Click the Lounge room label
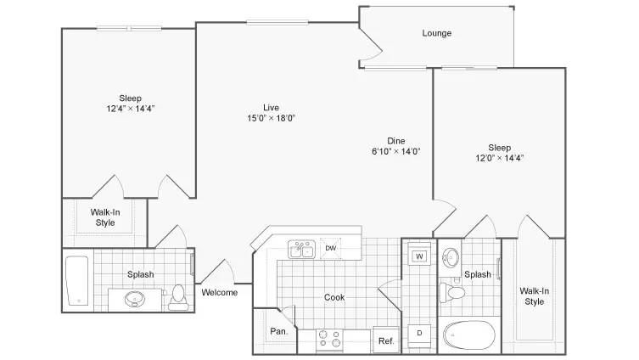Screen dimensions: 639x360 click(x=436, y=33)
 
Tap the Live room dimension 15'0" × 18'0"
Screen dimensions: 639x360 click(x=271, y=118)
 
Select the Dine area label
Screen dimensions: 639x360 click(x=396, y=141)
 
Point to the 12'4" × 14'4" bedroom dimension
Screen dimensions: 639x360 click(x=131, y=109)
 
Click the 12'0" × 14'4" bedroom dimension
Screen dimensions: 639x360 click(x=499, y=158)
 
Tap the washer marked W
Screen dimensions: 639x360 click(x=419, y=256)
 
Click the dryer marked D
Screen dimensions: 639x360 click(x=419, y=333)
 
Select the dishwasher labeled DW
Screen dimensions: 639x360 click(x=330, y=248)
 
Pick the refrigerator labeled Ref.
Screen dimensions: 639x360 click(x=386, y=340)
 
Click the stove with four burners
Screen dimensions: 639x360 click(x=329, y=340)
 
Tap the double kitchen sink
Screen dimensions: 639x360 click(x=301, y=249)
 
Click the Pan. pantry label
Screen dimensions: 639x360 click(x=278, y=331)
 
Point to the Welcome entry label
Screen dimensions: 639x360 click(x=220, y=292)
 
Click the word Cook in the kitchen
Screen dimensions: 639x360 click(x=334, y=297)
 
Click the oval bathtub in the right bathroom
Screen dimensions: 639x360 click(x=468, y=335)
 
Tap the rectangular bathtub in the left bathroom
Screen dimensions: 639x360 click(x=77, y=280)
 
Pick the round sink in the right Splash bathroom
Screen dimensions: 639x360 click(x=451, y=257)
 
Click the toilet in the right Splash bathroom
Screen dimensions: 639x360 click(x=452, y=292)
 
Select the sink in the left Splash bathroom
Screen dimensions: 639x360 click(x=134, y=299)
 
